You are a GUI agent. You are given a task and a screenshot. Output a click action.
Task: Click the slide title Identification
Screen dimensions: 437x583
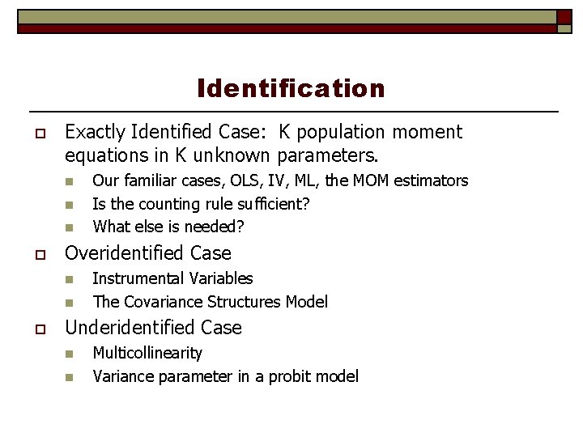coord(291,87)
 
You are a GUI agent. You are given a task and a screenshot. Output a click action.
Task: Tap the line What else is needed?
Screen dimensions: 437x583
coord(168,227)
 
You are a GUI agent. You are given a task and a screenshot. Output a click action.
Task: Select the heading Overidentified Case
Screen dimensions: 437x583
coord(147,253)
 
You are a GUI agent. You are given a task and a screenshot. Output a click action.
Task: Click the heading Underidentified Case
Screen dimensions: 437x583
coord(153,328)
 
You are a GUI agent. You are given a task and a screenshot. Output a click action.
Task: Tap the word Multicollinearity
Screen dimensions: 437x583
coord(147,353)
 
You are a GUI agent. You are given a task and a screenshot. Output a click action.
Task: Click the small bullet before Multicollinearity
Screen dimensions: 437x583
coord(70,354)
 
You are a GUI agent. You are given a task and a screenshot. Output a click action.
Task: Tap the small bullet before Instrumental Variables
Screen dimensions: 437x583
coord(70,279)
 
